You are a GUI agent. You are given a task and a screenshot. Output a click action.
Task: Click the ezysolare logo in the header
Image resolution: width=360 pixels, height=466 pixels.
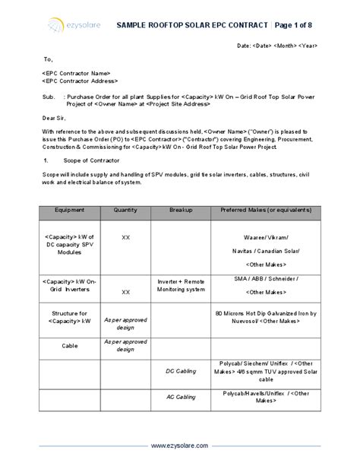point(68,25)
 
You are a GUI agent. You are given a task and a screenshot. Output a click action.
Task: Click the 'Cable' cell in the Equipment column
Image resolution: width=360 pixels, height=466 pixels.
point(69,344)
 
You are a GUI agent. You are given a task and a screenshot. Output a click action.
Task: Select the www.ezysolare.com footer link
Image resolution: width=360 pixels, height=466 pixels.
point(180,445)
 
